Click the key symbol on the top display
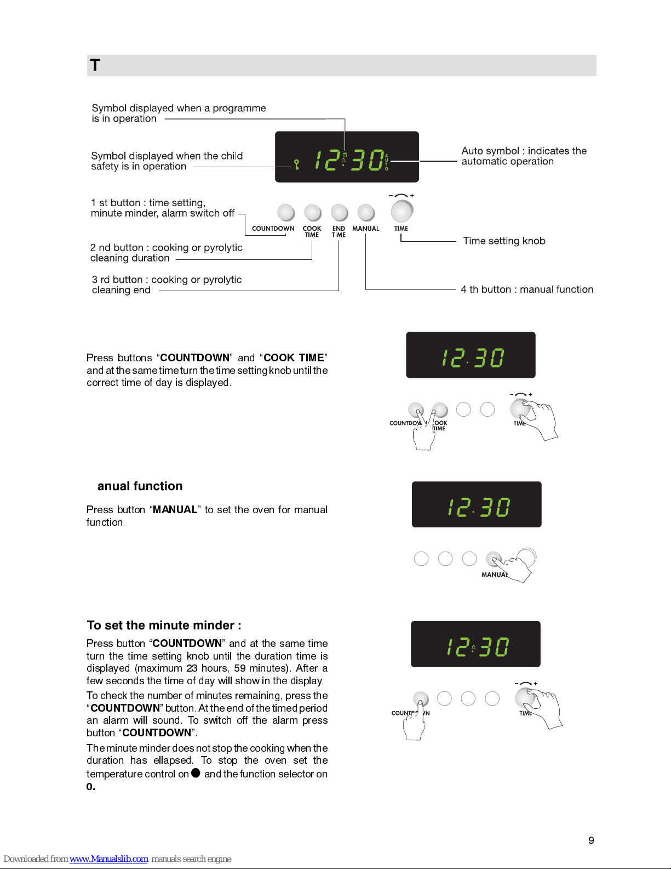[296, 164]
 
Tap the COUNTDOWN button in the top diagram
[286, 213]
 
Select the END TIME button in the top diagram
[339, 213]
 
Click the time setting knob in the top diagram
[402, 211]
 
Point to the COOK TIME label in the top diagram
[312, 231]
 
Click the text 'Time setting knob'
[504, 241]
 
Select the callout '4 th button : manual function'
[527, 289]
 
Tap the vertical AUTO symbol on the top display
[386, 162]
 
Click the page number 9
[591, 840]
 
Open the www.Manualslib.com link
[108, 859]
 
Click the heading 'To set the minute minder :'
[164, 625]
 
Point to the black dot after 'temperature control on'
[196, 773]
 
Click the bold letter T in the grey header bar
[95, 65]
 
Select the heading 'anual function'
[140, 486]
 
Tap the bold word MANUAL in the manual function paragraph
[175, 509]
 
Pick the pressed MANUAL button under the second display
[494, 558]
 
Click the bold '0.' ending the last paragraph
[91, 787]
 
